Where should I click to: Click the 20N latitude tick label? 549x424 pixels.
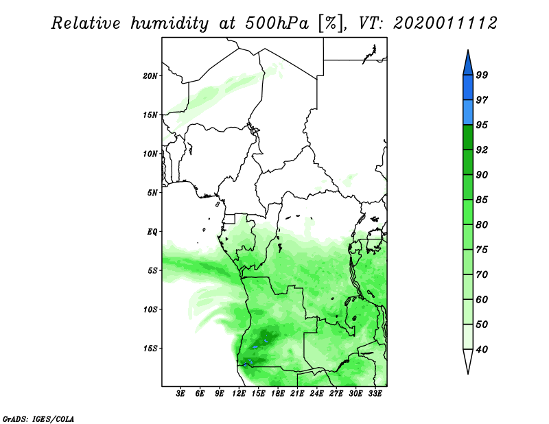[x=150, y=75]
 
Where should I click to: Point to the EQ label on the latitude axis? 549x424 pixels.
[x=152, y=232]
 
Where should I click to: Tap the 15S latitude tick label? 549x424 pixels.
[x=150, y=349]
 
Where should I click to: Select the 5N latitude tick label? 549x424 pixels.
[x=152, y=193]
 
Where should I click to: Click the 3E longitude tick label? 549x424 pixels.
[x=181, y=394]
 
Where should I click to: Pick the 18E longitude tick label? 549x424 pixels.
[x=278, y=394]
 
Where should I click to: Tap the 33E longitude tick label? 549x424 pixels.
[x=375, y=394]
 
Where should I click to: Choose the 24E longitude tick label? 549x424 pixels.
[x=316, y=394]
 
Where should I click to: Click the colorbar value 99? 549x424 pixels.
[x=482, y=75]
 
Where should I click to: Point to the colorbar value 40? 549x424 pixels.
[x=482, y=349]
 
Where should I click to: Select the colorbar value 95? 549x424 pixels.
[x=482, y=125]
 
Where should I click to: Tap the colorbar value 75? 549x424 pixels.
[x=482, y=250]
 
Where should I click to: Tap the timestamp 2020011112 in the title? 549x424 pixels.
[x=445, y=23]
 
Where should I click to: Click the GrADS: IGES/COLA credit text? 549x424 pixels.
[x=38, y=417]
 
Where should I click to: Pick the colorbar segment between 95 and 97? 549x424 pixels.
[x=468, y=112]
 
